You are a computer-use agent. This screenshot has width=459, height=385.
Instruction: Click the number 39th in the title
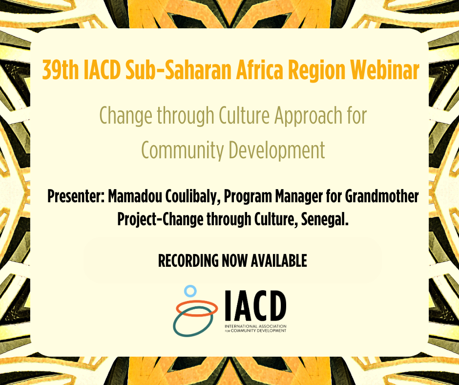(x=61, y=70)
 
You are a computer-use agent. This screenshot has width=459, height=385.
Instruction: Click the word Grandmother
(x=382, y=196)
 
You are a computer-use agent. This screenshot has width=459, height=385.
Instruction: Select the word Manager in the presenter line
(x=298, y=197)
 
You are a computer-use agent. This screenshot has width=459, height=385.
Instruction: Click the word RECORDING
(x=188, y=260)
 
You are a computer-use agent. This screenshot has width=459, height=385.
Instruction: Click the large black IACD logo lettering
(x=255, y=305)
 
